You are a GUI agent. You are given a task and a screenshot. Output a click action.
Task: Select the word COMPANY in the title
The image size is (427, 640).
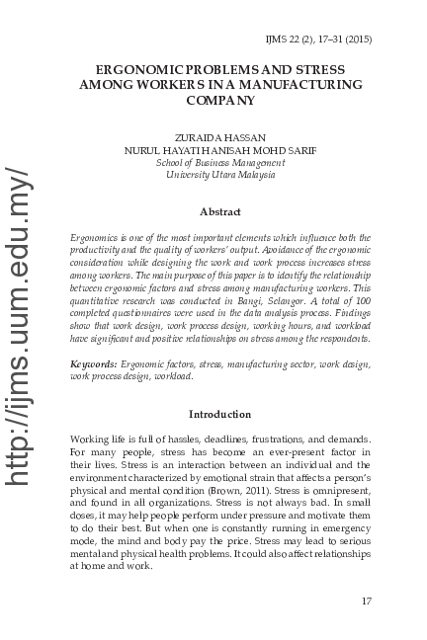[x=220, y=101]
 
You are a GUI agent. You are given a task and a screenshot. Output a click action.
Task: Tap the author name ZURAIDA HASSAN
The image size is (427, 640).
[x=220, y=137]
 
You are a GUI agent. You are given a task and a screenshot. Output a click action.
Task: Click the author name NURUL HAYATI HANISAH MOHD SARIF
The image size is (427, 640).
[x=220, y=150]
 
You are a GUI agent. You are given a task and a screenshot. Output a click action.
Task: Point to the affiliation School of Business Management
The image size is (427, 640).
[x=220, y=162]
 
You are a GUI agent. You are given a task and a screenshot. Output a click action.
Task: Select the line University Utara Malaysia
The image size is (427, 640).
[x=220, y=175]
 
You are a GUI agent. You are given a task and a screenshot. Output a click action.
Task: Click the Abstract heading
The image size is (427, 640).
[x=220, y=211]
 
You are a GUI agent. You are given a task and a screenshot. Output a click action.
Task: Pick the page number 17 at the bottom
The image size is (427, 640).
[x=366, y=600]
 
